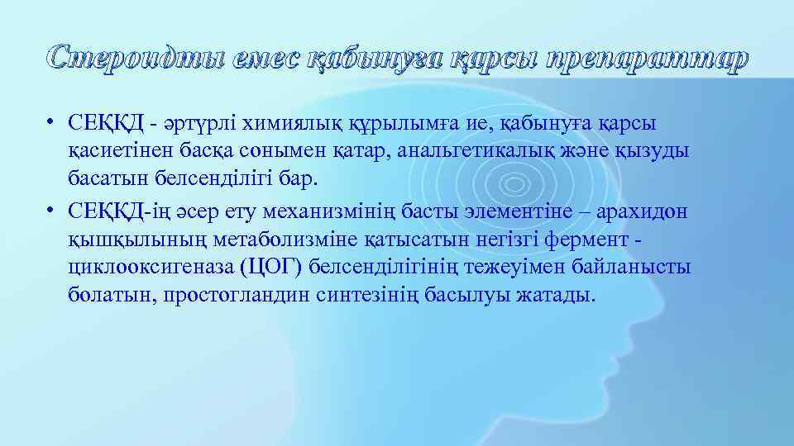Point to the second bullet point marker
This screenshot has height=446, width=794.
[51, 211]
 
